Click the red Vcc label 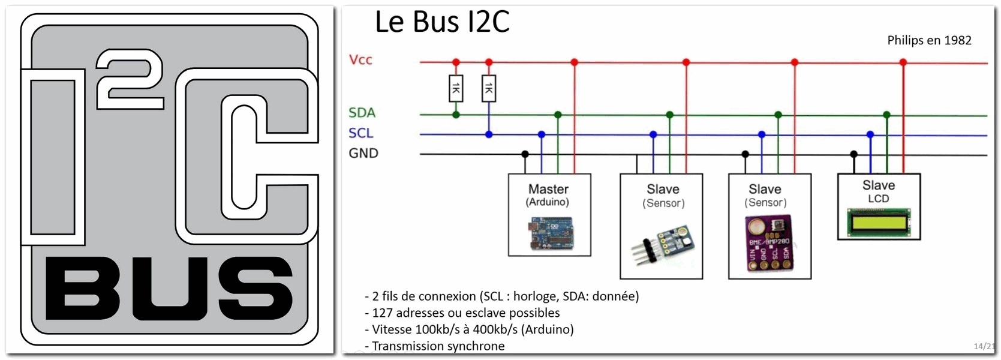click(x=360, y=59)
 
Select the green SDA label click(x=362, y=113)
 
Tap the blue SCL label click(x=360, y=133)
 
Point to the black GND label click(x=363, y=154)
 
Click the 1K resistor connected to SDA click(x=456, y=89)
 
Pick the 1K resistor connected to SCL click(x=489, y=89)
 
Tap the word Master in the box click(x=548, y=189)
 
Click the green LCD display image click(x=879, y=223)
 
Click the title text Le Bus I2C click(x=442, y=22)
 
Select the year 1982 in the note click(x=958, y=40)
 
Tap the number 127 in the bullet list click(x=383, y=313)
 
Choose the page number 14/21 click(x=984, y=346)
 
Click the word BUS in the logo click(x=169, y=288)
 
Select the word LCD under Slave click(x=878, y=199)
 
